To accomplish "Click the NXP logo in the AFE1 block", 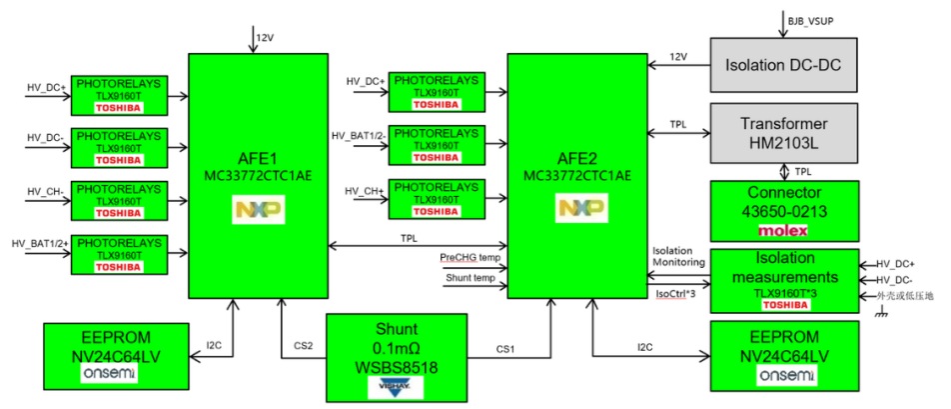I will pos(258,209).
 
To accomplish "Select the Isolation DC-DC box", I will pos(784,63).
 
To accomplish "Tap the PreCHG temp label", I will pos(470,257).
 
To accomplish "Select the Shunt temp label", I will pos(464,278).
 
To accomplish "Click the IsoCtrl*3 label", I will pos(675,294).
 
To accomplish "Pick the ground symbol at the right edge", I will pos(883,314).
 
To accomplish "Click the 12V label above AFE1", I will pos(265,37).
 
